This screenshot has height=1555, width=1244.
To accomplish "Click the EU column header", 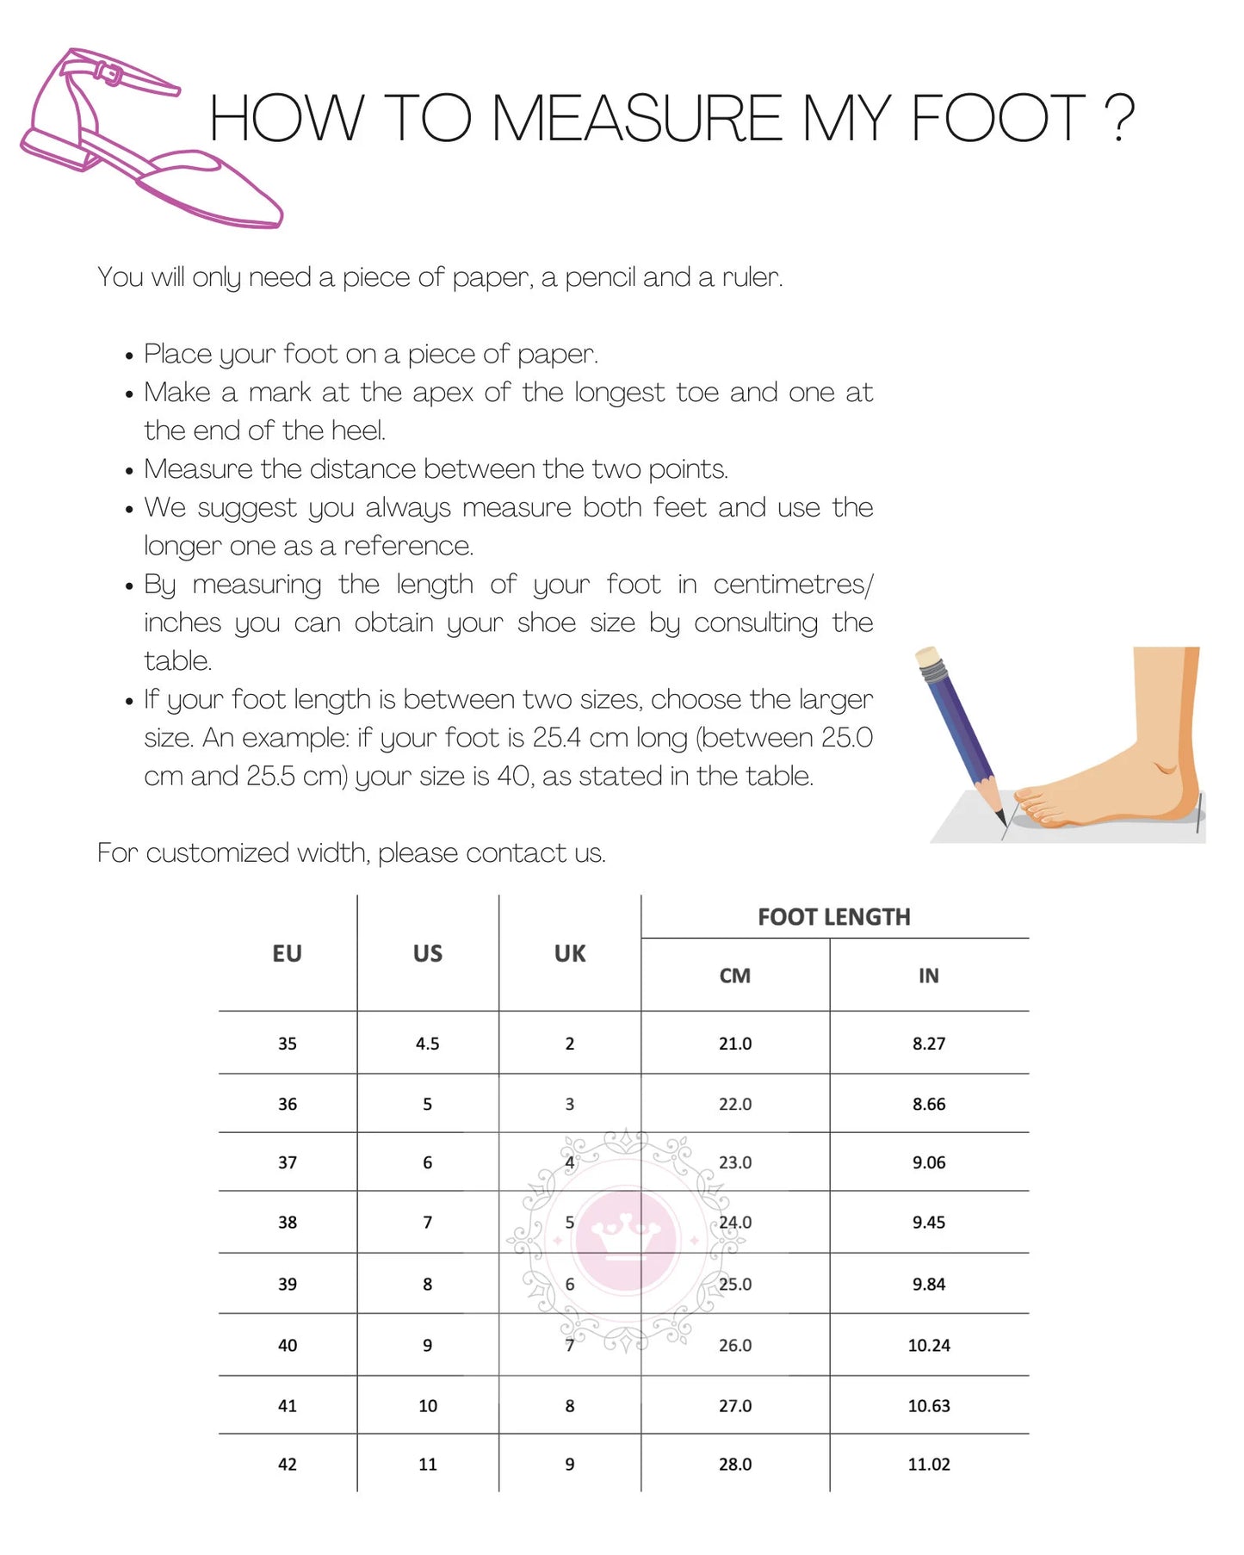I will coord(287,953).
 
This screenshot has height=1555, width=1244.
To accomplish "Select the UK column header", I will coord(570,953).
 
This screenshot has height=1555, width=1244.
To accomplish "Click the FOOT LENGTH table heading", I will coord(833,917).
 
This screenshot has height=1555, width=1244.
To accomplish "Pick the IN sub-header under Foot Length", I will coord(928,976).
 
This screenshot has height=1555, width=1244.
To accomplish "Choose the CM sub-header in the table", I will coord(735,976).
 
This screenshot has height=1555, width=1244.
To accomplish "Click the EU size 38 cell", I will coord(288,1223).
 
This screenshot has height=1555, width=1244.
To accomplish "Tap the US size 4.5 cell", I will coord(427,1044).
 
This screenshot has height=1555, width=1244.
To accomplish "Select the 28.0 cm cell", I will coord(735,1464).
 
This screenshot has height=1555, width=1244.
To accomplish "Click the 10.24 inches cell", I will coord(929,1345).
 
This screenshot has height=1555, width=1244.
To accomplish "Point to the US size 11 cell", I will coord(428,1464).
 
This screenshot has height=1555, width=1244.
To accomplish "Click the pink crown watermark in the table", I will coord(626,1240).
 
